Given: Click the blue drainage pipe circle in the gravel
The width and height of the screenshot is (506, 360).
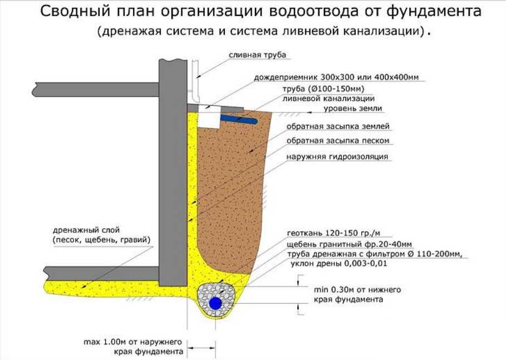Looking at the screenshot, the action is (x=215, y=304).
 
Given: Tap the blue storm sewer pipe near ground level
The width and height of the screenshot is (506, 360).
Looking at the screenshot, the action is (x=239, y=119).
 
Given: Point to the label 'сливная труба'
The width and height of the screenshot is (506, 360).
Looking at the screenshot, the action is (x=258, y=55).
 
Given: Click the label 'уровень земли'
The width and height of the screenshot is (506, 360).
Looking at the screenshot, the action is (x=353, y=108).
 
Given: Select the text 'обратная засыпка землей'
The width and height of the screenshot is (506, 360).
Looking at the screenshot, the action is (x=338, y=126).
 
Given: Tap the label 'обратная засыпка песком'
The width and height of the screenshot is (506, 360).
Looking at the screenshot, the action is (x=338, y=140).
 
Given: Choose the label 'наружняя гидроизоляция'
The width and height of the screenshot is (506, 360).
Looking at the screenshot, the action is (x=337, y=157).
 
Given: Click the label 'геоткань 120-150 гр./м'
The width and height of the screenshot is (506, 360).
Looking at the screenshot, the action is (x=333, y=233).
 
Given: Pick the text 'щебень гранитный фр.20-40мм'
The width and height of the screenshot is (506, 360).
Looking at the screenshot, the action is (x=349, y=244).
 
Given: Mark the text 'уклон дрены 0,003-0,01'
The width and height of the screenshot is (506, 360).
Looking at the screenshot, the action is (x=338, y=264).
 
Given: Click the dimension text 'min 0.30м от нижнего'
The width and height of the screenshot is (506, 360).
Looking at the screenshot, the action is (x=357, y=289).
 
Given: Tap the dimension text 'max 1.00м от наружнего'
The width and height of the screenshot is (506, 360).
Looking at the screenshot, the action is (x=132, y=342).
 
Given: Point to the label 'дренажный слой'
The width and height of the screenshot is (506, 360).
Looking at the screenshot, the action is (x=86, y=230).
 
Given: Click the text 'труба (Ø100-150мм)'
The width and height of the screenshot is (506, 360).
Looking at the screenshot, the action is (x=323, y=89).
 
